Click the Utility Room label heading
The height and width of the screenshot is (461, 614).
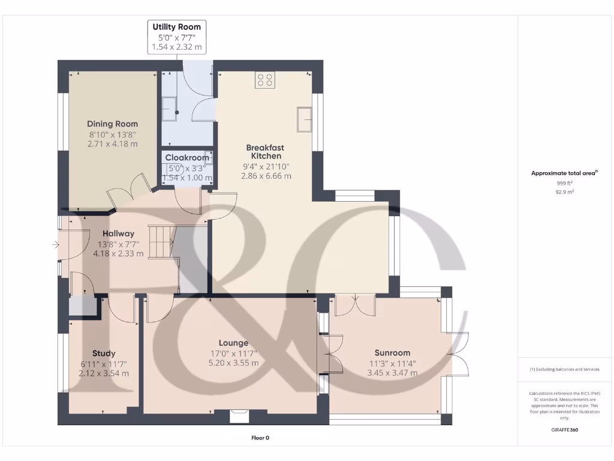click(176, 27)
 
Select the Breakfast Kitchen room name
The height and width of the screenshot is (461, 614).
click(266, 152)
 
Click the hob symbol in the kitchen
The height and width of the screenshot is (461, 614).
click(265, 80)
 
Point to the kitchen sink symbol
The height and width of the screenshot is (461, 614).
click(305, 119)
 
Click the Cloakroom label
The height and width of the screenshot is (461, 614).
click(188, 158)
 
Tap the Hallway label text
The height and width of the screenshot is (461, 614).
click(118, 234)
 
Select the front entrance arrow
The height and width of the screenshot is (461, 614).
click(55, 245)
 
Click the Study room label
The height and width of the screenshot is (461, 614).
click(104, 354)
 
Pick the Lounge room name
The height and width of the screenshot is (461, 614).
click(233, 343)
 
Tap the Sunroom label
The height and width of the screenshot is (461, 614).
click(392, 353)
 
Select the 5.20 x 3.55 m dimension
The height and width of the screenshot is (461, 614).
click(233, 363)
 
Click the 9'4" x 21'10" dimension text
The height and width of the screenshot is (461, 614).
click(266, 166)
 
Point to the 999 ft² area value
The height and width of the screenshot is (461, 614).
click(564, 183)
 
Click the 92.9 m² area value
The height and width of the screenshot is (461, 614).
click(564, 192)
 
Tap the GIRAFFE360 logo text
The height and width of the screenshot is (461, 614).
click(564, 430)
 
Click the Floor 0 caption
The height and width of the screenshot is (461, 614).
click(260, 438)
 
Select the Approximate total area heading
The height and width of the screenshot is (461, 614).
click(564, 173)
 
